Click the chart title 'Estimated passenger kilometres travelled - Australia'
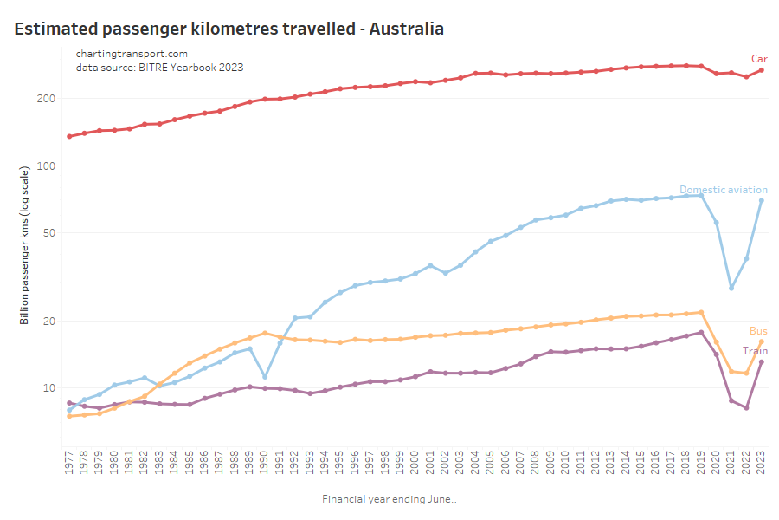tap(229, 29)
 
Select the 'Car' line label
tap(758, 58)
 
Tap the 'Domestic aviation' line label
tap(723, 190)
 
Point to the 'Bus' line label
tap(758, 331)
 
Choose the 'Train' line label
tap(755, 351)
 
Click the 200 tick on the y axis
tap(45, 99)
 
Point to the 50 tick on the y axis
tap(48, 233)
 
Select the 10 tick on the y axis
tap(48, 387)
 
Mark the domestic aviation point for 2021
tap(731, 288)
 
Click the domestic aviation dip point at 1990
tap(265, 376)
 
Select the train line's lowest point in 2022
tap(746, 407)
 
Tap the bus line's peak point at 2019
tap(701, 312)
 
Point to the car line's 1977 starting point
tap(69, 136)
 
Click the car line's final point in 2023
tap(761, 70)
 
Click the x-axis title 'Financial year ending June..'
tap(389, 499)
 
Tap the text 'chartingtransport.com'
tap(132, 54)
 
